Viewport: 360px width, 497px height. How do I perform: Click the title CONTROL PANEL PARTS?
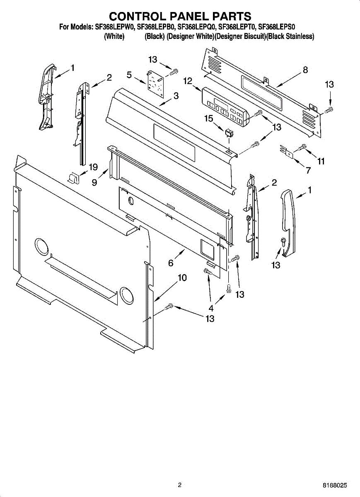coord(180,16)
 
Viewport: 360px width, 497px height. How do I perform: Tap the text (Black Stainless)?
coord(290,36)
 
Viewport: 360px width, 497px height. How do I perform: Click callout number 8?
coord(305,70)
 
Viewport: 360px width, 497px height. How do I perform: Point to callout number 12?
coord(188,81)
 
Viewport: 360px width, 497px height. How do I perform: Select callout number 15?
coord(208,119)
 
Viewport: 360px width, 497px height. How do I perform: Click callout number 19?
coord(93,167)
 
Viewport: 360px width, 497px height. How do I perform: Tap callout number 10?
coord(182,277)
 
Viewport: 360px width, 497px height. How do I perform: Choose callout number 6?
coord(171,263)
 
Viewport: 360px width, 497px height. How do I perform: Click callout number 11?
coord(321,162)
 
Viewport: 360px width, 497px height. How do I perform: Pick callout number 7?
coord(308,170)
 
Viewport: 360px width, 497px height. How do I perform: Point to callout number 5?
coord(129,75)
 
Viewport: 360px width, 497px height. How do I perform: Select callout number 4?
coord(211,308)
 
